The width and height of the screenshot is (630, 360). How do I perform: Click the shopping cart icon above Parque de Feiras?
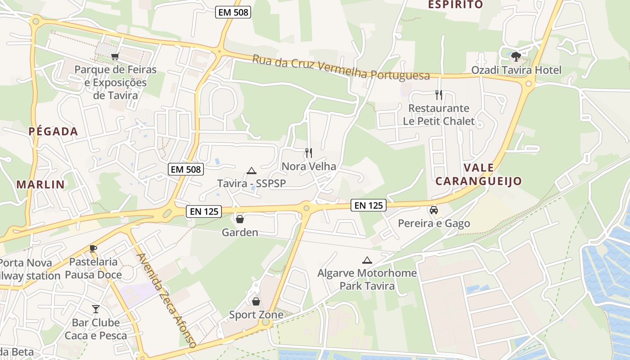tap(115, 56)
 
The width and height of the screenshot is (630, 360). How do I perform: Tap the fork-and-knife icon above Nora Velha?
tap(309, 153)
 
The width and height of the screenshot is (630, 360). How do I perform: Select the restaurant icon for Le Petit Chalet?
tap(439, 95)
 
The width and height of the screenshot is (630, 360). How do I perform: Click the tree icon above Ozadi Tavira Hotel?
tap(516, 56)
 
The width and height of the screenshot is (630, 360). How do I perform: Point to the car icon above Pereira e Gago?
tap(433, 210)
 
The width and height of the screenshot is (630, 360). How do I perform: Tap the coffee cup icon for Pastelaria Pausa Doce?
tap(93, 248)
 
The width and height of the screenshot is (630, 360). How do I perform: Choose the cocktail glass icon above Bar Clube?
tap(96, 309)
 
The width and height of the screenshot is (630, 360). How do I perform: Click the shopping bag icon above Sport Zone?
tap(256, 301)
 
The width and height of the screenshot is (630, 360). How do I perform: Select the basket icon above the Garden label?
tap(240, 219)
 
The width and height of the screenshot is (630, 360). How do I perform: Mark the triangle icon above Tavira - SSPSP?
tap(251, 171)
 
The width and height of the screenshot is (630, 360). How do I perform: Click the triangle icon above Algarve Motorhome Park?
tap(367, 260)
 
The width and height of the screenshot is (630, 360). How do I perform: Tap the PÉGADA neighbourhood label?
tap(54, 132)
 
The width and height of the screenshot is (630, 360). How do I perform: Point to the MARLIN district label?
tap(40, 184)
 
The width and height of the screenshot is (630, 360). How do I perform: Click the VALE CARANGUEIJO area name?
tap(478, 175)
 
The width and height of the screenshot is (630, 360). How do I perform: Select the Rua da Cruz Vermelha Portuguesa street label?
tap(341, 67)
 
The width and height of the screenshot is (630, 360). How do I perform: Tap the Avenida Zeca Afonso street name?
tap(167, 301)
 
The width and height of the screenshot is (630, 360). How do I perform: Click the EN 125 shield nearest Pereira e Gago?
tap(369, 206)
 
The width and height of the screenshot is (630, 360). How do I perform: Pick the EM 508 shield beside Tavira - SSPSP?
tap(186, 170)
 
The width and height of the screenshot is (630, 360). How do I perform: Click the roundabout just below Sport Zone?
tap(266, 323)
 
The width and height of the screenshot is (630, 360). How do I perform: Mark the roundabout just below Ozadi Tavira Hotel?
tap(529, 83)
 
